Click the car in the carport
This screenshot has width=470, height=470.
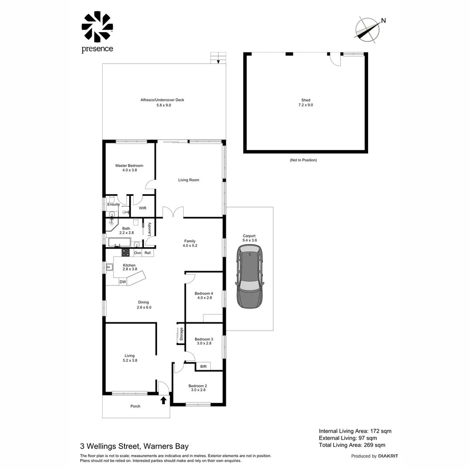click(x=249, y=277)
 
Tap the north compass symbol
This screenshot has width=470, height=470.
click(x=368, y=30)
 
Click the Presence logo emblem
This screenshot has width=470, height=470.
click(x=97, y=27)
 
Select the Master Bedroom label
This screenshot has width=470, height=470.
click(x=129, y=166)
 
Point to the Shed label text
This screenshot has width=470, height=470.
click(x=305, y=100)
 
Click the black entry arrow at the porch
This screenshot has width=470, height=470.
click(x=164, y=400)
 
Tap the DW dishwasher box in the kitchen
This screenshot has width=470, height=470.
click(x=123, y=282)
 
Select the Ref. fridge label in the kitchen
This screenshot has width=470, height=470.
click(x=148, y=253)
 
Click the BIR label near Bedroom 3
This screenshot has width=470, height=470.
click(x=203, y=367)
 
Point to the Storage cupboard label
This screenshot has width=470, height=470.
click(x=181, y=335)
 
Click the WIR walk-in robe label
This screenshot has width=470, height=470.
click(x=143, y=208)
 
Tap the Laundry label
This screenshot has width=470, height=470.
click(x=149, y=229)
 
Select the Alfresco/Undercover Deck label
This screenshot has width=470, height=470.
click(x=162, y=100)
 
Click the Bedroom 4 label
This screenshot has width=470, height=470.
click(x=204, y=293)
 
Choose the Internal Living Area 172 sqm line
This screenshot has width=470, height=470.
click(x=355, y=431)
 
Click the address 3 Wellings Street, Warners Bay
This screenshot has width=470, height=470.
click(x=134, y=446)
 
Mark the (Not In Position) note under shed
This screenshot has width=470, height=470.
click(x=303, y=160)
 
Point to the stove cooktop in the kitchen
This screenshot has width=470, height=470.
click(x=125, y=252)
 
